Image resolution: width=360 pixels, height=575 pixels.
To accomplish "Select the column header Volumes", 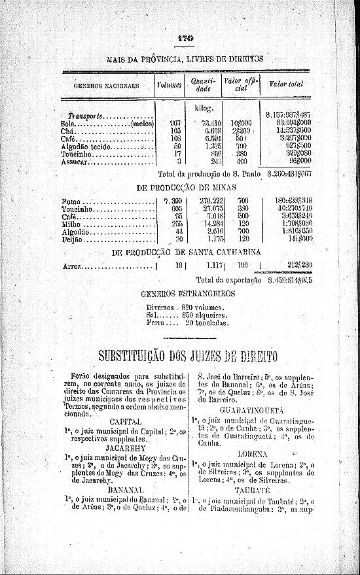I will click(169, 84).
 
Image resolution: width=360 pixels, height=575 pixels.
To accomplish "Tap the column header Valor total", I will click(286, 84).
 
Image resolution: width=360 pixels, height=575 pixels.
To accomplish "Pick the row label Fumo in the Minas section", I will click(71, 201).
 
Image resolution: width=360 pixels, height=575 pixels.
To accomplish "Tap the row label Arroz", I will click(71, 267).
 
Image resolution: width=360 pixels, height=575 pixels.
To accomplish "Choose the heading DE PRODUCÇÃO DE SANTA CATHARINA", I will click(187, 253).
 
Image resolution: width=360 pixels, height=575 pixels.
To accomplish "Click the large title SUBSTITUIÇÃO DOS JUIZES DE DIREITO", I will click(187, 357).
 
